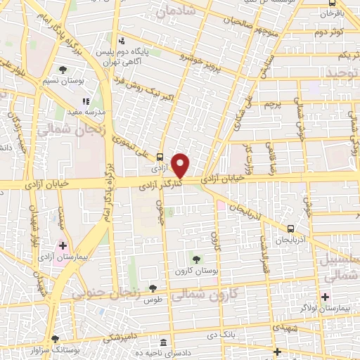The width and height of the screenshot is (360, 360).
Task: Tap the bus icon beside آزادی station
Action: click(161, 157)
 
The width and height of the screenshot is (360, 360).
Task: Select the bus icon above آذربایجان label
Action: click(290, 229)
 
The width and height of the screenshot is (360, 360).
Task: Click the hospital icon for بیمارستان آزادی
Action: click(64, 246)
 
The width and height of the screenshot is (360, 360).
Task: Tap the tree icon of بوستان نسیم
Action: click(63, 70)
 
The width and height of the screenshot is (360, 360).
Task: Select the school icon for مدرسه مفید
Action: click(86, 102)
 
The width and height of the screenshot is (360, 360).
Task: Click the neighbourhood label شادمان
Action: click(174, 12)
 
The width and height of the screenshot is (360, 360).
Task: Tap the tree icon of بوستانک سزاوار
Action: click(56, 339)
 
